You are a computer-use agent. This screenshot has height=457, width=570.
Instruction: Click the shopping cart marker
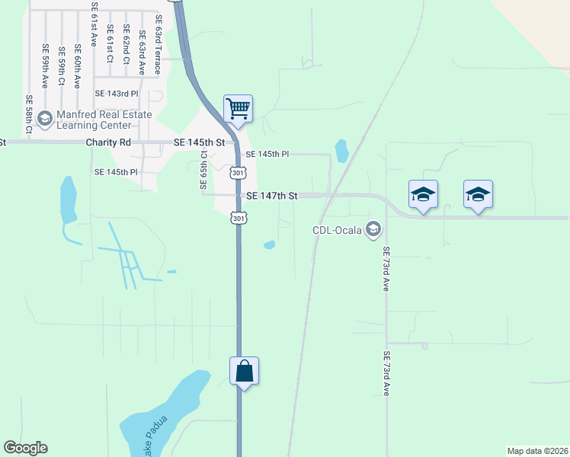pos(238,108)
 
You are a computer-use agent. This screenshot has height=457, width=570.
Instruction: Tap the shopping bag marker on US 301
pos(244,371)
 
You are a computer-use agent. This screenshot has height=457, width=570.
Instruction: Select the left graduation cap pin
pos(423,194)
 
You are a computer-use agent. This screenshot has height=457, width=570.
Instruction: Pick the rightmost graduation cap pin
pos(478,194)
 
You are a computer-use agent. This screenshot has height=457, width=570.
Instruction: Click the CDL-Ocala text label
pos(338,228)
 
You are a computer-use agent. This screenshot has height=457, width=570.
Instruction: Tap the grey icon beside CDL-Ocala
pos(373,228)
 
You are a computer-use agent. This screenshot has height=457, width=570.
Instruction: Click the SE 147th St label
pos(271,196)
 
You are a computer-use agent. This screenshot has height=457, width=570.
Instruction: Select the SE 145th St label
pos(200,142)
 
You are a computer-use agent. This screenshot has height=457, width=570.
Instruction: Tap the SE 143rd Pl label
pos(117,93)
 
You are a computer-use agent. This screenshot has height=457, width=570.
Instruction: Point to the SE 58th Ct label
pos(29,115)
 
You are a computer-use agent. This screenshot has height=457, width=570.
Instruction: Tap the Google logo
pos(25,448)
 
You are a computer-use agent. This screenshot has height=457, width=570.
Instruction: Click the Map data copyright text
pos(537,450)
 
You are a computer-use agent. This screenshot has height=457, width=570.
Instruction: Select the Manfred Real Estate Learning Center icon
pos(44,118)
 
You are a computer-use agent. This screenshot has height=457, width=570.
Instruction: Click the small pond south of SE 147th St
pos(269,244)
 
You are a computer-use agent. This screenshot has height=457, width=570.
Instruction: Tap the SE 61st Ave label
pos(94,25)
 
